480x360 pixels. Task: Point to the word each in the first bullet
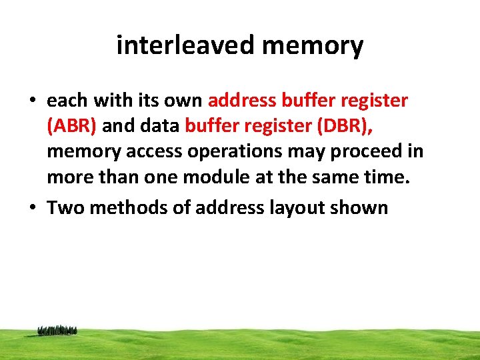pyautogui.click(x=67, y=101)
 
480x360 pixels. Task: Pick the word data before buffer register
pyautogui.click(x=160, y=126)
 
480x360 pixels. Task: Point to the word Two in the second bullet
pyautogui.click(x=65, y=207)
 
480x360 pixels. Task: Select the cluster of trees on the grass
pyautogui.click(x=57, y=330)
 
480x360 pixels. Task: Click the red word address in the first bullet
pyautogui.click(x=240, y=101)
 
